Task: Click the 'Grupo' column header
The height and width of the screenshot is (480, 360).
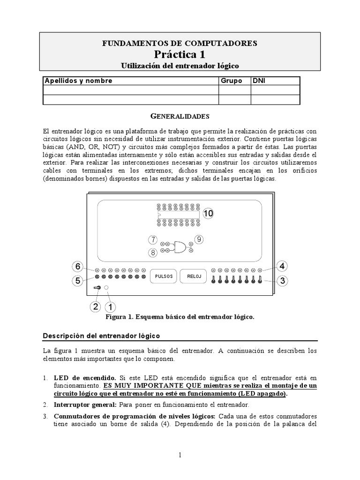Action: tap(231, 81)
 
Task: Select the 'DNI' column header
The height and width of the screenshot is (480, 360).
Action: tap(259, 81)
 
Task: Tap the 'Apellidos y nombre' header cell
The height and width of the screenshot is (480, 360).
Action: tap(78, 81)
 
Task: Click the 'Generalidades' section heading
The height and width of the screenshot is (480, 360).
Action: tap(180, 115)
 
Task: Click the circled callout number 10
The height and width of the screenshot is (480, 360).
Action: tap(208, 213)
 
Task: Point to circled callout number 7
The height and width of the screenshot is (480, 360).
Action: tap(152, 240)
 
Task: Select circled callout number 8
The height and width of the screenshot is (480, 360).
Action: tap(152, 253)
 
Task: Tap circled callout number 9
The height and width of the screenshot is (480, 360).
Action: tap(198, 240)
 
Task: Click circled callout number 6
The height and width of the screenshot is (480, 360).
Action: tap(77, 267)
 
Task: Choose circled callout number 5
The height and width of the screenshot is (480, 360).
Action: tap(77, 281)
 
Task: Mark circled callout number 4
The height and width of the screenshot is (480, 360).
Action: tap(282, 267)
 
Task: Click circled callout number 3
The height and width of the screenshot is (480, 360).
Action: tap(282, 281)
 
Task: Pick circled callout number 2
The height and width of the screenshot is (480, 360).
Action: tap(95, 307)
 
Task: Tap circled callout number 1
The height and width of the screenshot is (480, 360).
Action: tap(110, 307)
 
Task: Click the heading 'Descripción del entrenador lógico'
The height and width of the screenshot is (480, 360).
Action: tap(101, 336)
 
